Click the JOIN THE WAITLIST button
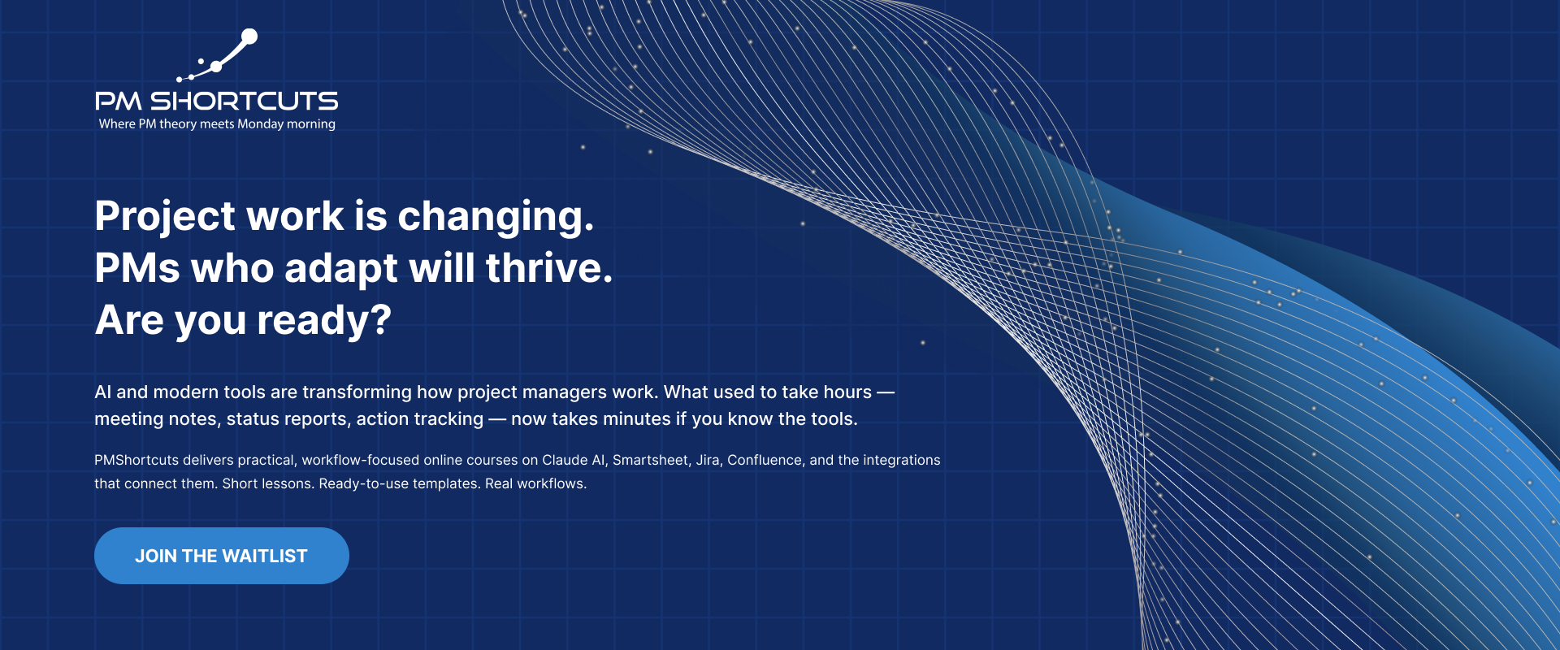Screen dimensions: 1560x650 click(222, 556)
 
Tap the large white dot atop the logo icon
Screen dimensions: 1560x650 click(250, 37)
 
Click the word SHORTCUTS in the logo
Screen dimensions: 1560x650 click(245, 102)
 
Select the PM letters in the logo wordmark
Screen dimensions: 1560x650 click(119, 102)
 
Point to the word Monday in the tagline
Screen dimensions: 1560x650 click(260, 124)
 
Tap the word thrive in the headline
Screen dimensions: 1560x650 click(549, 268)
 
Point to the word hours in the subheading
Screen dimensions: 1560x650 click(847, 392)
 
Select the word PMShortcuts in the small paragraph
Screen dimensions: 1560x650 click(136, 460)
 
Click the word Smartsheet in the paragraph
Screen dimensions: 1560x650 click(650, 460)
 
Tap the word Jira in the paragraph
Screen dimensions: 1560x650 click(708, 460)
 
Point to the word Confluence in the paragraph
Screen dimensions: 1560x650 click(765, 460)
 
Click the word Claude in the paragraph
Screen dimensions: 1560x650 click(565, 460)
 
